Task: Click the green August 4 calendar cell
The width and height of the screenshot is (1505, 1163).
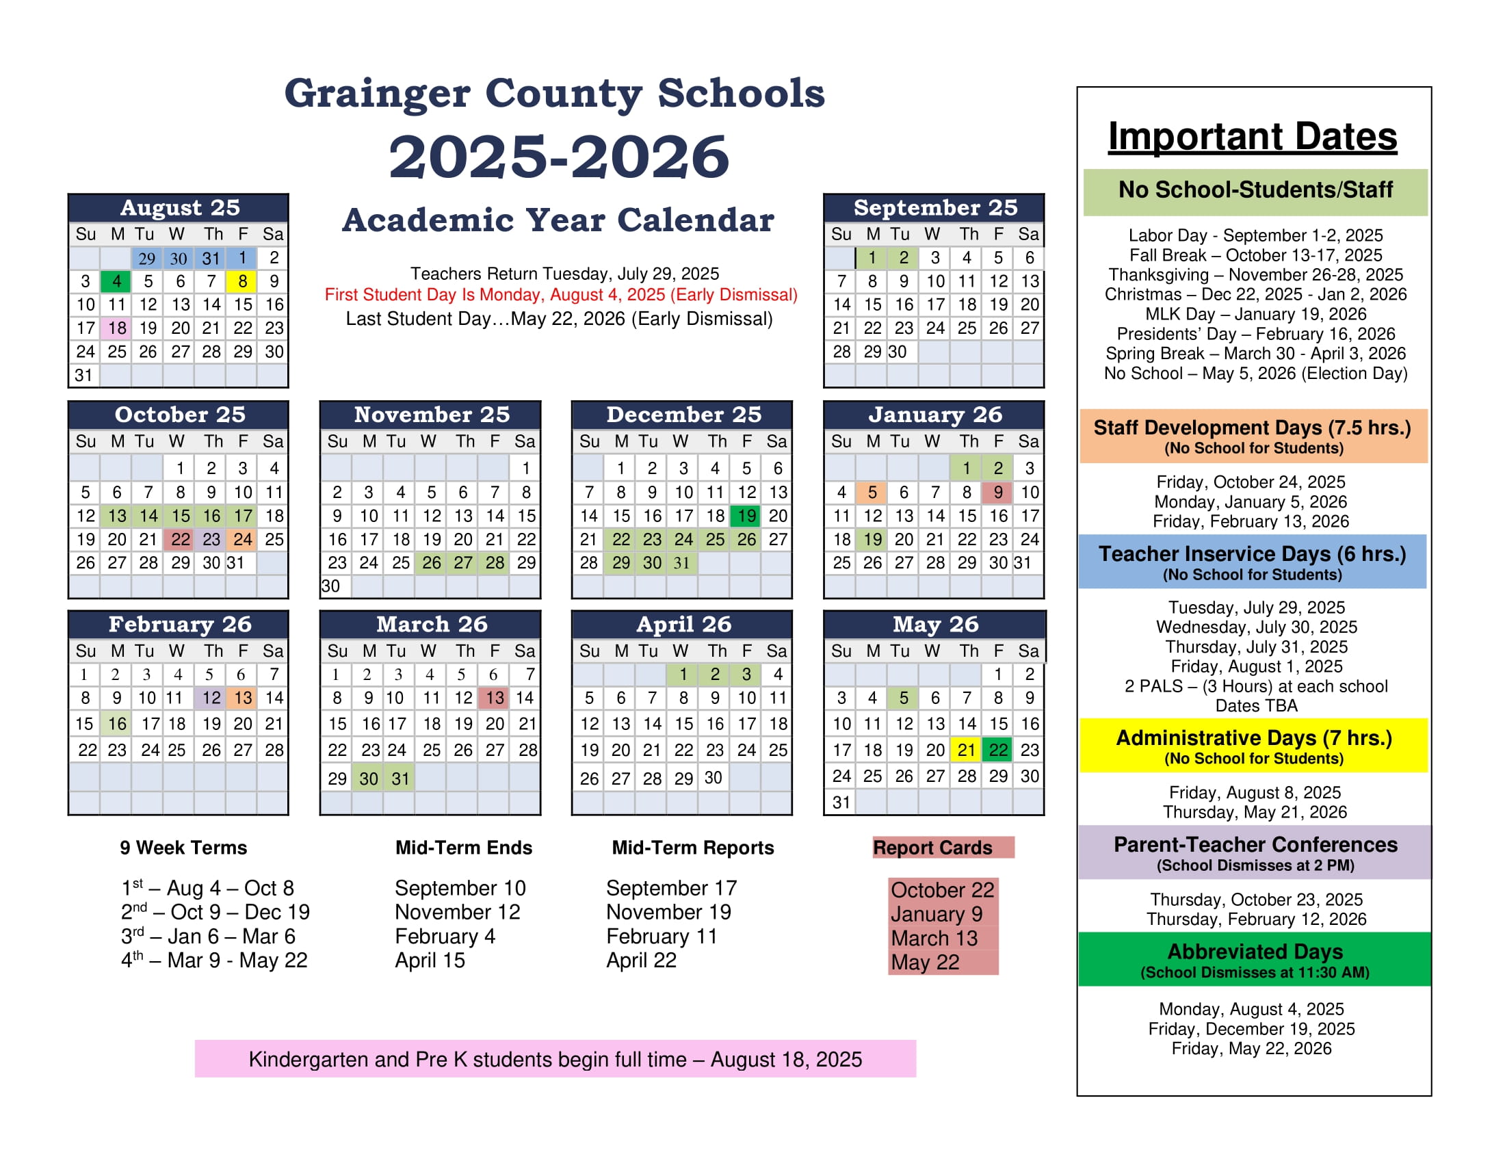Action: (x=116, y=281)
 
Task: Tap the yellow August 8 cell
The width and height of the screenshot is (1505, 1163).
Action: (x=243, y=281)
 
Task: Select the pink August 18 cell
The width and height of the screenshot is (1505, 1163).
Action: (x=116, y=328)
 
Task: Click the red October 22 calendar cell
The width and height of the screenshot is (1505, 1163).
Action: (x=180, y=540)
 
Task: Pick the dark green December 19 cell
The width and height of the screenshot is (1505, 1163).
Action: (x=746, y=516)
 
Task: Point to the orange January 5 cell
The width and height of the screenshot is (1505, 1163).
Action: (x=872, y=492)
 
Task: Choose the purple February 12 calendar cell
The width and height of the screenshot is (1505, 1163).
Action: (x=211, y=698)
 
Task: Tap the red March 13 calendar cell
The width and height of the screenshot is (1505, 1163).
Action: (x=495, y=698)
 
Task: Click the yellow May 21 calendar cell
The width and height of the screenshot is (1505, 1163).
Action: (x=967, y=750)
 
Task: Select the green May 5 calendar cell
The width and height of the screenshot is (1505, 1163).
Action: (x=904, y=698)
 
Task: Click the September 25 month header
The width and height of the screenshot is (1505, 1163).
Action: (x=934, y=207)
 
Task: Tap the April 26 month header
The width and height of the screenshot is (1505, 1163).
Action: (x=683, y=624)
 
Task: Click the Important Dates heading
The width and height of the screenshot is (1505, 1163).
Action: (x=1252, y=136)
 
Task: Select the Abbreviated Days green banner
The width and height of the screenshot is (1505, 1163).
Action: (x=1254, y=959)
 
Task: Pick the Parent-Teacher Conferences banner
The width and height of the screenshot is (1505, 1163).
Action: (x=1254, y=852)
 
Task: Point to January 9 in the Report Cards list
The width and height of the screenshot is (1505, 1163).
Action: (x=936, y=914)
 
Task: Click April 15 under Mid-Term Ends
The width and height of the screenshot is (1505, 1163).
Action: (x=430, y=961)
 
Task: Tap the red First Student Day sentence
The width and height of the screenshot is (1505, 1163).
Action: (x=560, y=295)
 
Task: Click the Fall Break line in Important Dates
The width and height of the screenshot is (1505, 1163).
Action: (x=1255, y=255)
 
